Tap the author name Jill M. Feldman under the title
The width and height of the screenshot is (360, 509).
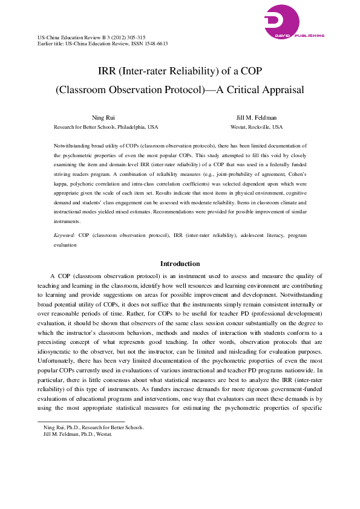tap(257, 117)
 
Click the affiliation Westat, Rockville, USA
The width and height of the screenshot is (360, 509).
tap(257, 128)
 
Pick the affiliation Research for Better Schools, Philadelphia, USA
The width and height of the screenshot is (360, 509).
tap(106, 128)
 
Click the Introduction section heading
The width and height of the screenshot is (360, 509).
tap(180, 264)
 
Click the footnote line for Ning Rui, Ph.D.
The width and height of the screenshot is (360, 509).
tap(94, 427)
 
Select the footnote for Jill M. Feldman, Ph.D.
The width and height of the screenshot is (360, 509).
tap(78, 433)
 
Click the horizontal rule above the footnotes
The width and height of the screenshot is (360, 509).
tap(81, 422)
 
